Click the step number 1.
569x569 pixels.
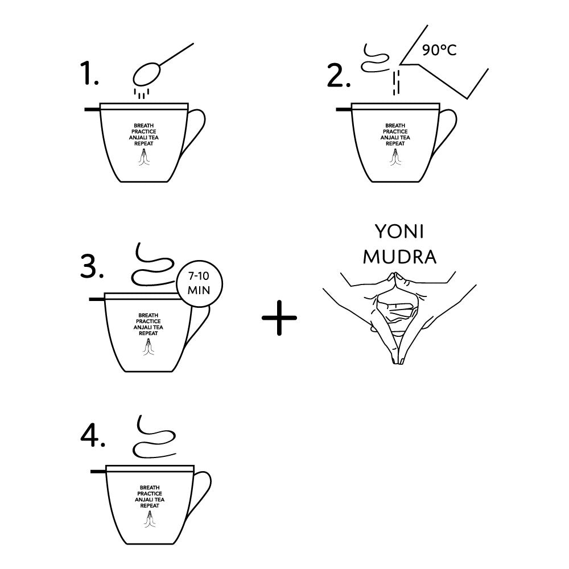click(89, 73)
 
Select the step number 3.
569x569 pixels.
click(92, 266)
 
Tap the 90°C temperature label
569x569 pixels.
click(439, 50)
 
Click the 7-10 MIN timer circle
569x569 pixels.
click(199, 284)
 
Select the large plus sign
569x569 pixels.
click(279, 318)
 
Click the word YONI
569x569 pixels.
click(399, 232)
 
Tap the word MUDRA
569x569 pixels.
click(399, 257)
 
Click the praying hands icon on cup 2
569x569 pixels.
click(395, 157)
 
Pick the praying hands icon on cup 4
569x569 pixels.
click(150, 519)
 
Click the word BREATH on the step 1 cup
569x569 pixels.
click(144, 126)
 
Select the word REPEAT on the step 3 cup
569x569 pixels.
click(149, 333)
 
